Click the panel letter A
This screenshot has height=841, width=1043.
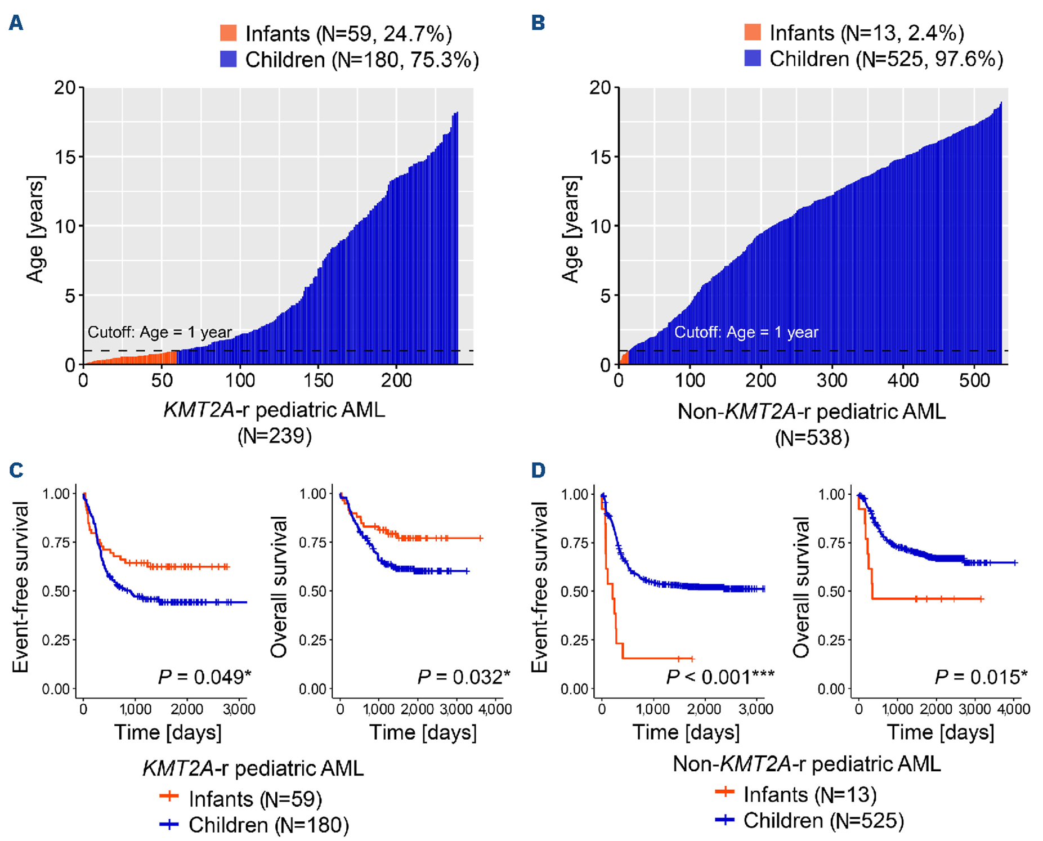pyautogui.click(x=16, y=23)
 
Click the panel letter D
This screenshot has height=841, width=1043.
pyautogui.click(x=538, y=470)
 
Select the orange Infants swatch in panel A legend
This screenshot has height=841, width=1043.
pyautogui.click(x=229, y=33)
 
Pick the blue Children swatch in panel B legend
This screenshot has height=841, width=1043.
pyautogui.click(x=753, y=59)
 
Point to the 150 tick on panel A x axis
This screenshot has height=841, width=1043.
pyautogui.click(x=319, y=381)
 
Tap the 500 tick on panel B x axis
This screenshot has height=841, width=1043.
pyautogui.click(x=974, y=381)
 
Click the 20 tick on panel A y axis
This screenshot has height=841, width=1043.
pyautogui.click(x=65, y=88)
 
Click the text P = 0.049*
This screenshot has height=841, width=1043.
pyautogui.click(x=204, y=677)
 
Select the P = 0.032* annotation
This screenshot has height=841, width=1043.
pyautogui.click(x=463, y=677)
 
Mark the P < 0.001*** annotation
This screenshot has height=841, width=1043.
pyautogui.click(x=720, y=677)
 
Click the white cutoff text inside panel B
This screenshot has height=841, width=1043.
pyautogui.click(x=746, y=332)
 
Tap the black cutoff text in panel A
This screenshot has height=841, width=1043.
pyautogui.click(x=160, y=332)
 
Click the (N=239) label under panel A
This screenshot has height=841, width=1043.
pyautogui.click(x=275, y=436)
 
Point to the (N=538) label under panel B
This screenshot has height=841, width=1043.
pyautogui.click(x=812, y=437)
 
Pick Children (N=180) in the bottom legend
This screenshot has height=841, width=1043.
pyautogui.click(x=268, y=825)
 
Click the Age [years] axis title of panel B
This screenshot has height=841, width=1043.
pyautogui.click(x=571, y=230)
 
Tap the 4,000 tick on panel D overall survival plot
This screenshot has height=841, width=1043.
pyautogui.click(x=1013, y=709)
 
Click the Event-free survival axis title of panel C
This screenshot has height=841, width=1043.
pyautogui.click(x=21, y=587)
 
